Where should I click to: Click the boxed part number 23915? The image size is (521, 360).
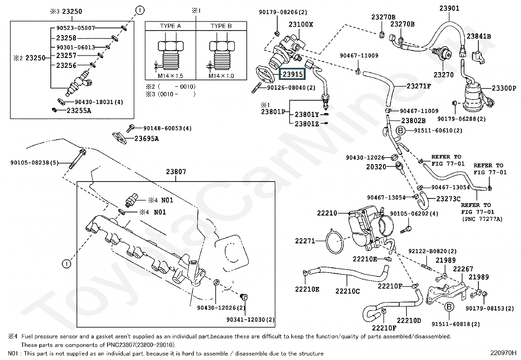tap(292, 74)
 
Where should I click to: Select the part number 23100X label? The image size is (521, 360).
tap(301, 25)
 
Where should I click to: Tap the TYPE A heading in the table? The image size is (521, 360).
tap(170, 26)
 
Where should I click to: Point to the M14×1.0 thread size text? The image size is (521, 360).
tap(221, 76)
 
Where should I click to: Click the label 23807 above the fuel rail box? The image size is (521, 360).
tap(176, 172)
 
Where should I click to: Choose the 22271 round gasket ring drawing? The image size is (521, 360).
tap(334, 241)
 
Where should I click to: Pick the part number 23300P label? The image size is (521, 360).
tap(504, 88)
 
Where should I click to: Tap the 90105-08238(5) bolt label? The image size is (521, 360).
tap(34, 162)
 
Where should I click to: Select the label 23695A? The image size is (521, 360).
tap(147, 139)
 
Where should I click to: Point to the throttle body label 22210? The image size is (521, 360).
tap(327, 213)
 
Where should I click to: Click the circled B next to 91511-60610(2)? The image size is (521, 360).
tap(401, 131)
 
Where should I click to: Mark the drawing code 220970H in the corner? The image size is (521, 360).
tap(503, 353)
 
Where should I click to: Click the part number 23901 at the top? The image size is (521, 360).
tap(449, 9)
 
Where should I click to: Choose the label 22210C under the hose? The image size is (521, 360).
tap(348, 291)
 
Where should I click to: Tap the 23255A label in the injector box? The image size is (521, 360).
tap(79, 111)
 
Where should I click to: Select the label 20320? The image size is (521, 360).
tap(376, 167)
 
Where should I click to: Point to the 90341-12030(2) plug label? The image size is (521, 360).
tap(250, 319)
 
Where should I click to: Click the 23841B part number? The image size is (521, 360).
tap(479, 36)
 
